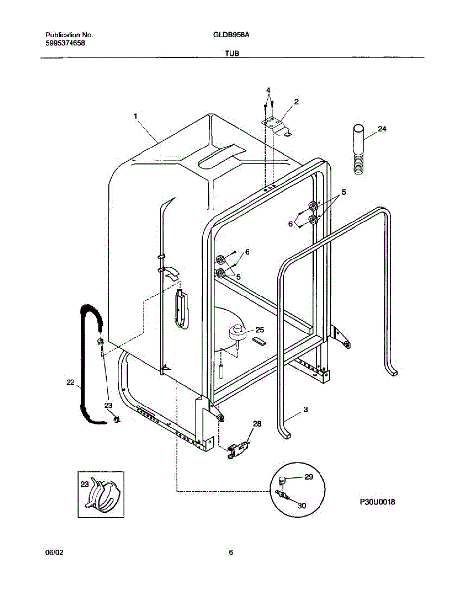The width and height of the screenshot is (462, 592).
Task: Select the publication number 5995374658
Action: click(65, 43)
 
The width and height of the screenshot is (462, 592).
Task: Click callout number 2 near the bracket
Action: click(296, 101)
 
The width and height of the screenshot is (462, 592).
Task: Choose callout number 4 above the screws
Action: click(268, 90)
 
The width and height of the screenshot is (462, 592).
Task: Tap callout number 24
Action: click(382, 129)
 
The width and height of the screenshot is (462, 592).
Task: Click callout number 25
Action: click(260, 329)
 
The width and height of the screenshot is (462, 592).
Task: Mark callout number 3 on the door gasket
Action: click(306, 409)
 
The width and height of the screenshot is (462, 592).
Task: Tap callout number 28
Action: click(257, 424)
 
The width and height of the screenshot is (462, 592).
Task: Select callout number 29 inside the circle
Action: click(309, 477)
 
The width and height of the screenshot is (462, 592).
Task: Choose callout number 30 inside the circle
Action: click(302, 505)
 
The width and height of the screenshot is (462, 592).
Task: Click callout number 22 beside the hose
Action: click(71, 381)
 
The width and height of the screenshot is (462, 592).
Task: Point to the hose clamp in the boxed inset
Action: click(104, 495)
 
